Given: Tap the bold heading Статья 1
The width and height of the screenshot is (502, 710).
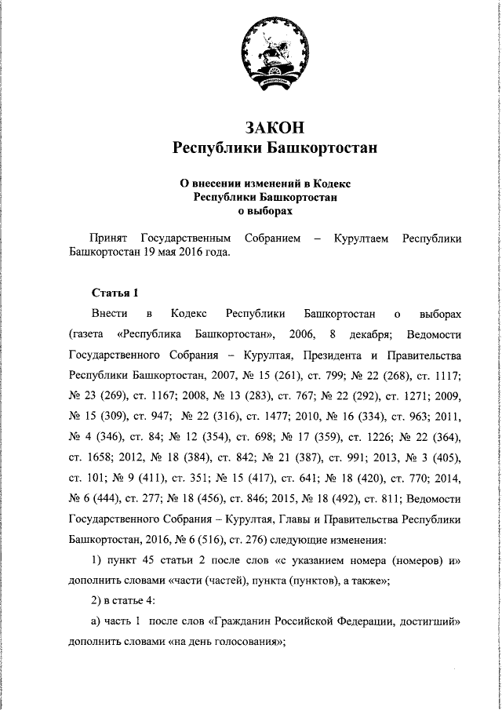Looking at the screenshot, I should point(115,293).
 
